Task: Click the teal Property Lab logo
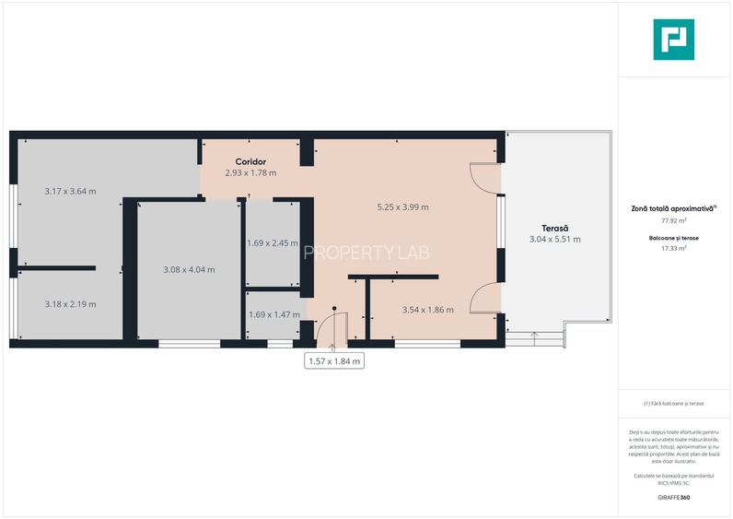pos(673,40)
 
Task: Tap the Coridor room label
pos(250,161)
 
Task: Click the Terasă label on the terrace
pos(554,228)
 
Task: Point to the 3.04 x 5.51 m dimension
pos(554,240)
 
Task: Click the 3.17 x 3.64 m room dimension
pos(71,192)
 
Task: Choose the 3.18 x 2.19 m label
pos(71,304)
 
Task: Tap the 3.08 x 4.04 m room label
pos(189,270)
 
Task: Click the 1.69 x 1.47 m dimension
pos(273,314)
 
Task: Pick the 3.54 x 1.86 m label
pos(427,310)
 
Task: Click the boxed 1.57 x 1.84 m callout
pos(334,361)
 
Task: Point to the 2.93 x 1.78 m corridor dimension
pos(250,172)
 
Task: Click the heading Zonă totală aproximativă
pos(673,209)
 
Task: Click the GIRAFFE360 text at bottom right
pos(673,498)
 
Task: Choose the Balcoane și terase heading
pos(673,238)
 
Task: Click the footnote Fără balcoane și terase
pos(673,404)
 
